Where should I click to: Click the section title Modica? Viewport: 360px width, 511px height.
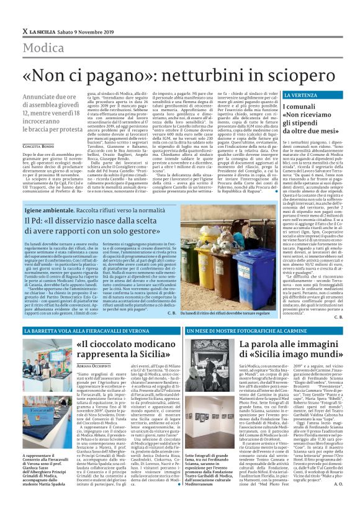coord(43,48)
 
